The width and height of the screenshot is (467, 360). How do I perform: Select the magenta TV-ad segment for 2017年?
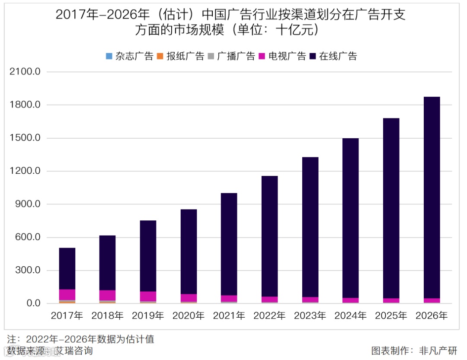(67, 295)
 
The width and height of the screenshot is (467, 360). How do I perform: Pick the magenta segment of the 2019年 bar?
(148, 296)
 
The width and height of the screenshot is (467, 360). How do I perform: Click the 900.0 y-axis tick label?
(27, 204)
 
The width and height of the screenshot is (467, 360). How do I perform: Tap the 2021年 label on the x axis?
(229, 316)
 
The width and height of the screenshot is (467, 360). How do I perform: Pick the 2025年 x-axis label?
(391, 316)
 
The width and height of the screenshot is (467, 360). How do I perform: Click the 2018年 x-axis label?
(107, 316)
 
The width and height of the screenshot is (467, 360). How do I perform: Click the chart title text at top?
(230, 22)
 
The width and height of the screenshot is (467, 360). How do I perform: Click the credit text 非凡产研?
(437, 350)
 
